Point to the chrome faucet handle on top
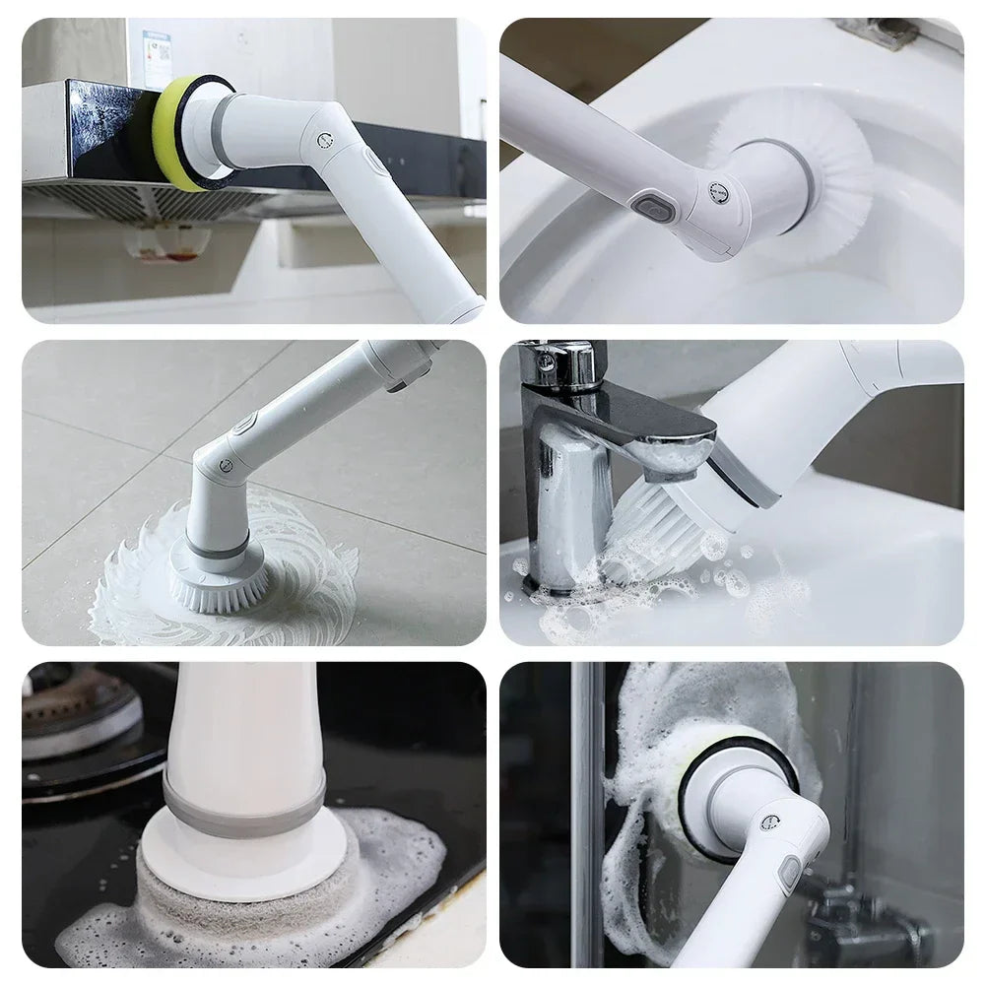562,365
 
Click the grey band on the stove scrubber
243,805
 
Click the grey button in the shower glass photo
788,873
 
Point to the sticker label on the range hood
156,45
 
